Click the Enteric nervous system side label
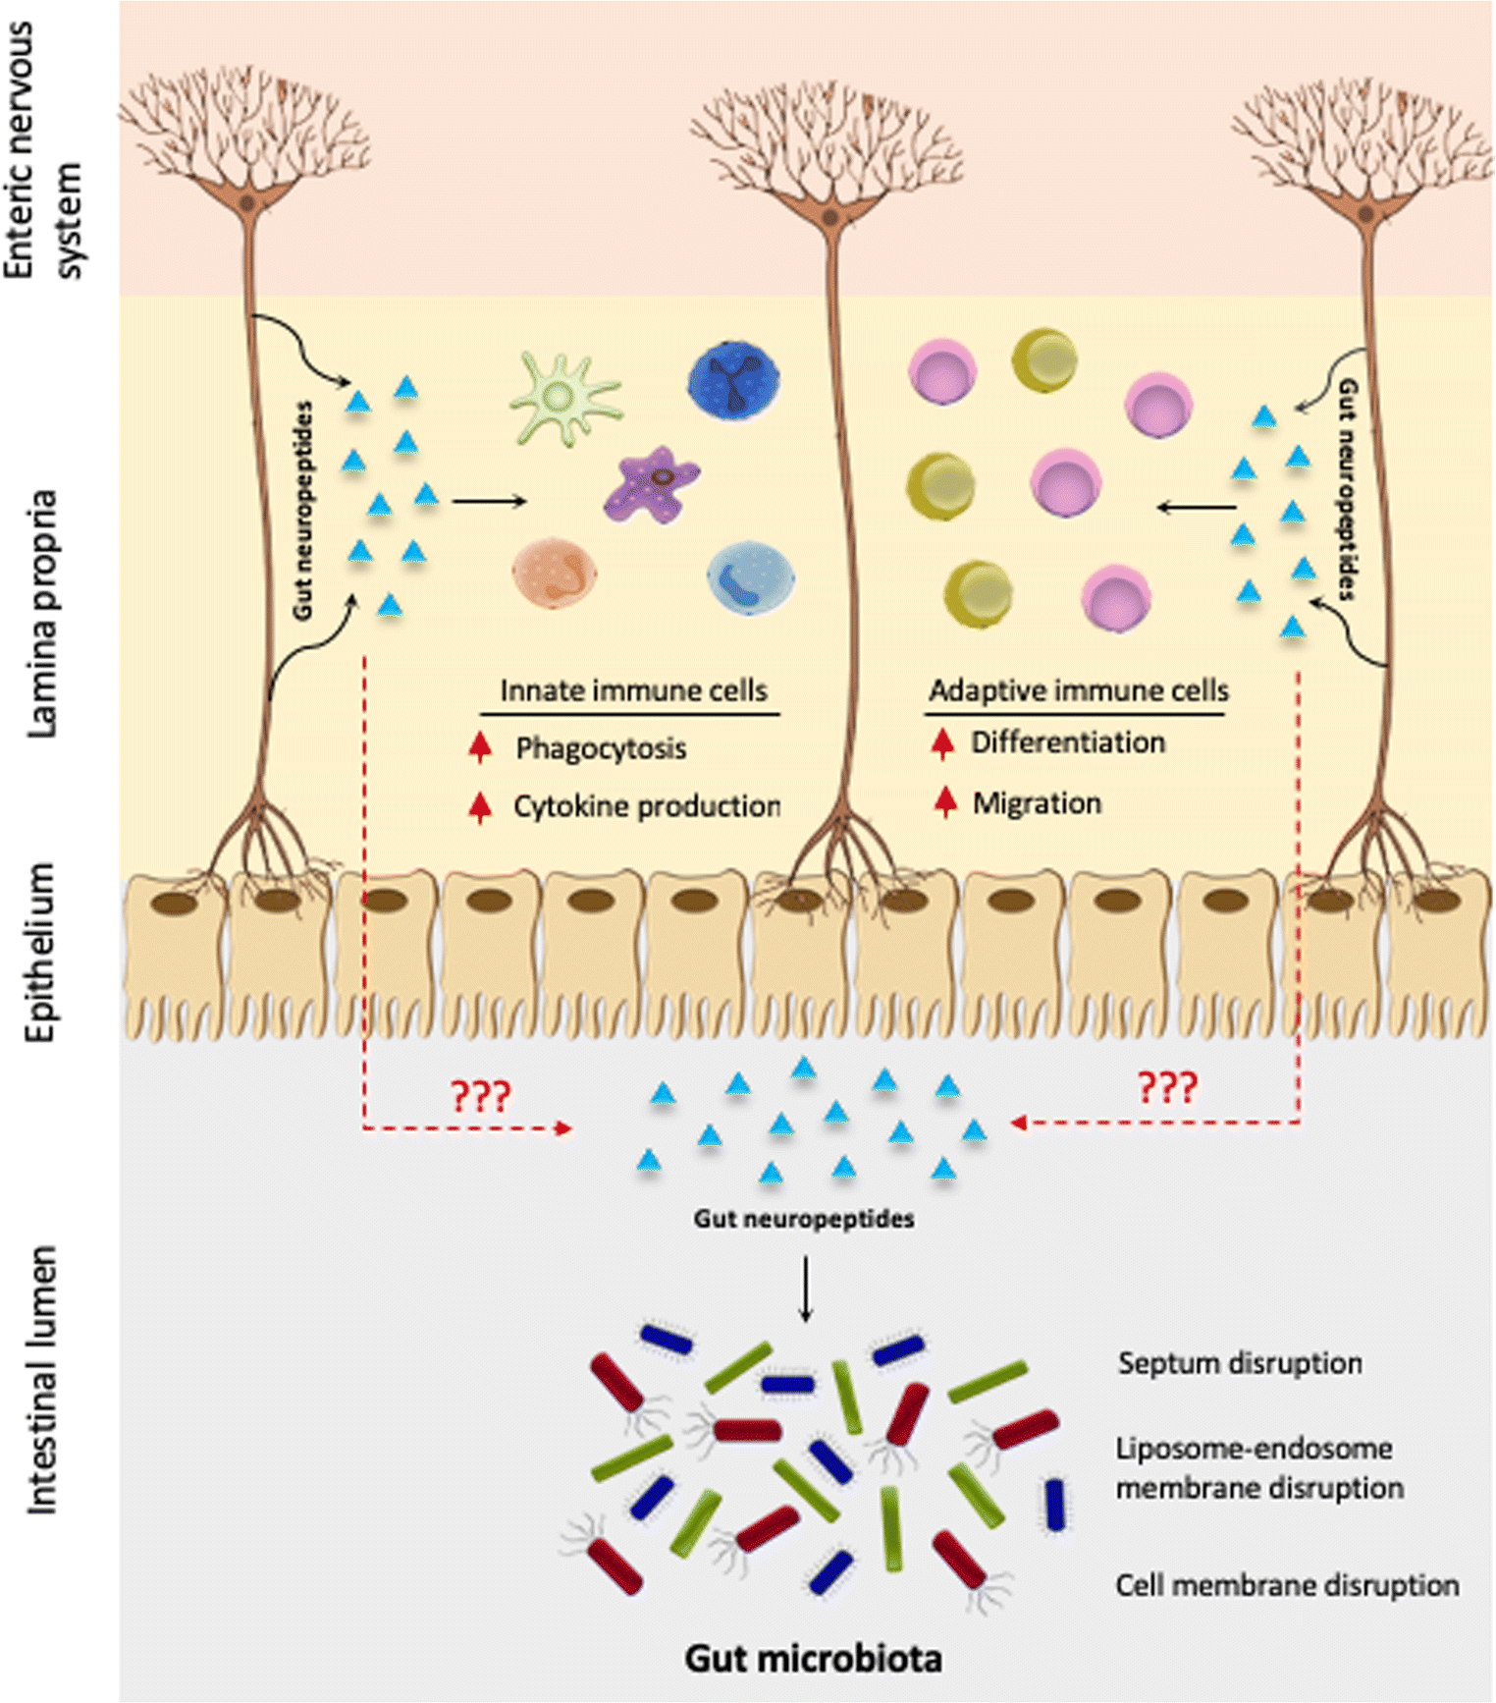(x=43, y=152)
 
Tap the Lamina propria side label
(x=41, y=614)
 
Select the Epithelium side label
(x=41, y=953)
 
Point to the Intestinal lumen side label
(x=41, y=1380)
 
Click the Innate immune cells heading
(x=633, y=690)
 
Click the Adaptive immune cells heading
(x=1078, y=690)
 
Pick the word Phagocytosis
(x=601, y=748)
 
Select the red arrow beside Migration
(x=945, y=801)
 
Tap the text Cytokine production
(x=646, y=806)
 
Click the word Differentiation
(x=1068, y=742)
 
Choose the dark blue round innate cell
(x=733, y=382)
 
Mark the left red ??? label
(x=480, y=1095)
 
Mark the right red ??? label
(x=1166, y=1088)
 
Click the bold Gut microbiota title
(x=813, y=1658)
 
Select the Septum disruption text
(x=1239, y=1363)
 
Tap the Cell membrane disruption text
(x=1286, y=1585)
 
